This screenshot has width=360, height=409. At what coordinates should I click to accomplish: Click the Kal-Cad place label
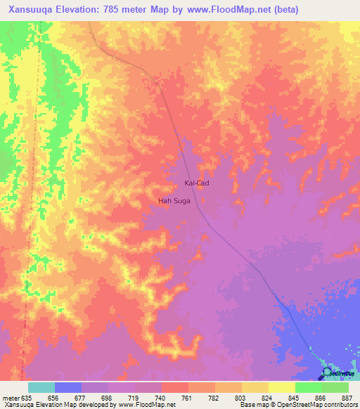coord(196,183)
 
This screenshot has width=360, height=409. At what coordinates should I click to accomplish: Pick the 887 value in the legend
coord(348,397)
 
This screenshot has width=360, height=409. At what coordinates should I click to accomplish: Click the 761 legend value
coord(188,397)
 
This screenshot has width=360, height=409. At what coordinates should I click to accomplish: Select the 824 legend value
coord(268,397)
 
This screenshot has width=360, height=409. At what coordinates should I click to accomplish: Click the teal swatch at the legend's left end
coord(41,387)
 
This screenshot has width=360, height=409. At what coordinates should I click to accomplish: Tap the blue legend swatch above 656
coord(68,387)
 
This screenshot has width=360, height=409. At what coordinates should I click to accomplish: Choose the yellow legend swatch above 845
coord(281,387)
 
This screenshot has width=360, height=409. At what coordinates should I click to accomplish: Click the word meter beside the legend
coord(10,397)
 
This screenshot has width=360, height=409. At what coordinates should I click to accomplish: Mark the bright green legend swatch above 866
coord(308,387)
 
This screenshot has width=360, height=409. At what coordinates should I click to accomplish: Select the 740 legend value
coord(161,397)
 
